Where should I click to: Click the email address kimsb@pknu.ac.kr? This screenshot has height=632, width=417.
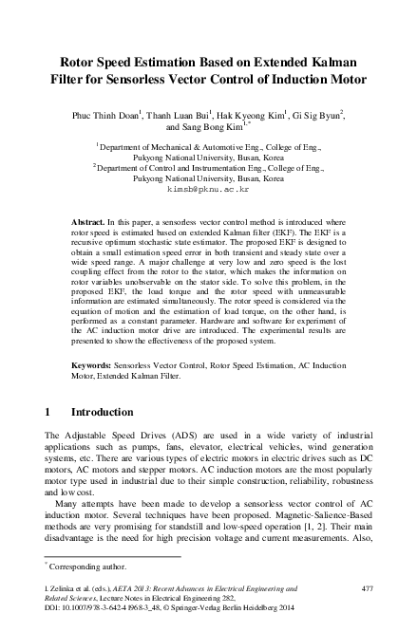click(207, 189)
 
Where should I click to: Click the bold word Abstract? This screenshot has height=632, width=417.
click(90, 220)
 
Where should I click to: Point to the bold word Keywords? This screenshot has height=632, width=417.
click(94, 364)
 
